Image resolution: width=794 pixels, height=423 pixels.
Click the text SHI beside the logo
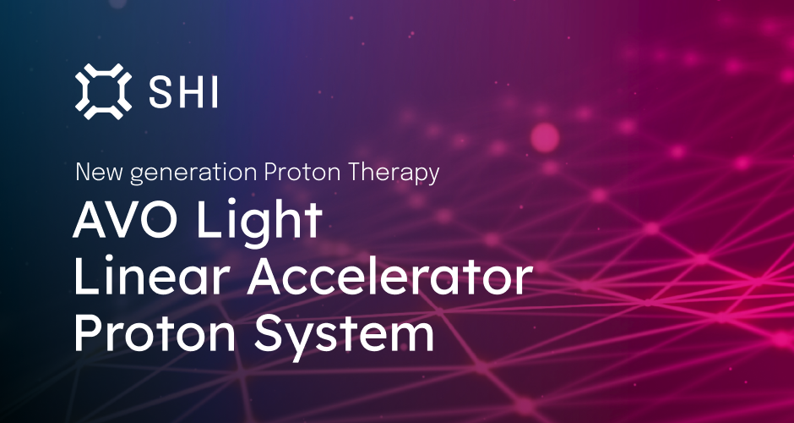[x=183, y=91]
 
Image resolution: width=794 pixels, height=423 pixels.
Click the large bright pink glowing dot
[x=545, y=137]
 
